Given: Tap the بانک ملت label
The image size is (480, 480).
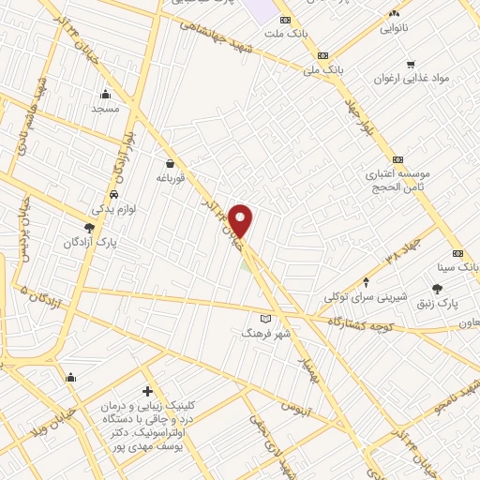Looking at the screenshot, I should click(285, 34).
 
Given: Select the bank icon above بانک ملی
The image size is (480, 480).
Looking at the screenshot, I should click(323, 55).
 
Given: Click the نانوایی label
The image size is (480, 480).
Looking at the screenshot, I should click(394, 28).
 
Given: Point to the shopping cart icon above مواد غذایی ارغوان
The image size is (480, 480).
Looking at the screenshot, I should click(410, 64).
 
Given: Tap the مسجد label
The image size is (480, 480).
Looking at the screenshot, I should click(105, 109).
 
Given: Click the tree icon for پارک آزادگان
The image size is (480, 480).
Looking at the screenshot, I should click(89, 228).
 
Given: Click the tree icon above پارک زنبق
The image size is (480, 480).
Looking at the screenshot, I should click(437, 290).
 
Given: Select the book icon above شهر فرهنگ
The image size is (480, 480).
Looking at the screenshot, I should click(265, 320).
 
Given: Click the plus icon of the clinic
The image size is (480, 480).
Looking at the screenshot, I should click(146, 390).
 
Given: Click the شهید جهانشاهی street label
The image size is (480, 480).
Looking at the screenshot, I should click(242, 41).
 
